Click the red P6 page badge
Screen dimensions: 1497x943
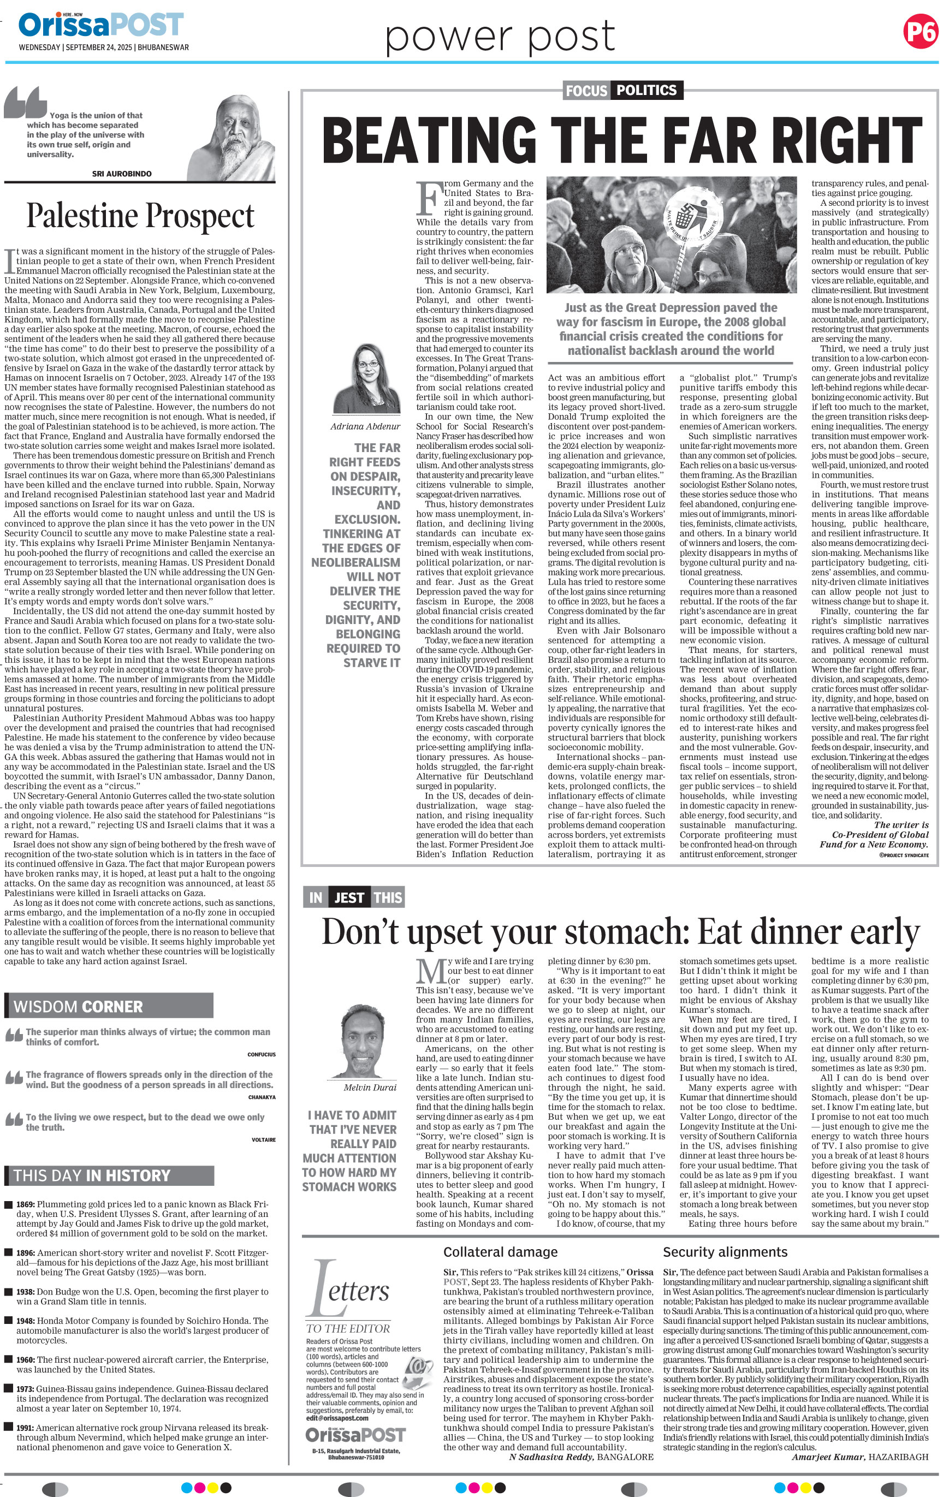click(x=920, y=32)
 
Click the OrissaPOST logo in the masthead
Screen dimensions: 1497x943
click(x=100, y=26)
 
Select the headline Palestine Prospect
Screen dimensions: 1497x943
click(x=140, y=216)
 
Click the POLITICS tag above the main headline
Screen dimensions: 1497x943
click(x=647, y=90)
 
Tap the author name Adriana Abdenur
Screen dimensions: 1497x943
click(x=365, y=426)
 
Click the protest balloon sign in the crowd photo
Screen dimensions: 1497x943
click(x=696, y=222)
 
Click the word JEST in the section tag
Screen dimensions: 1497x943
click(x=349, y=897)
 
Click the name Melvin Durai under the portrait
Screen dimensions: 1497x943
click(x=370, y=1088)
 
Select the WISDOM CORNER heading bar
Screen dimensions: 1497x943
click(x=109, y=1006)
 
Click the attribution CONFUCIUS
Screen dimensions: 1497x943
click(x=261, y=1054)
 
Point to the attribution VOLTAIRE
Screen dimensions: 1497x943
click(x=263, y=1139)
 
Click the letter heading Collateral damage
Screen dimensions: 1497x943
click(x=500, y=1252)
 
